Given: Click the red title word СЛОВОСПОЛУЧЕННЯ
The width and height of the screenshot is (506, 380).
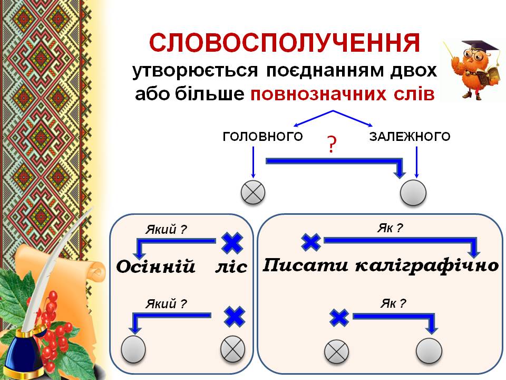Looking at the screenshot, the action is (x=285, y=43).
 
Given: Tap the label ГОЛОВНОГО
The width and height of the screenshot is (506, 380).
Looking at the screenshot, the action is (x=262, y=137).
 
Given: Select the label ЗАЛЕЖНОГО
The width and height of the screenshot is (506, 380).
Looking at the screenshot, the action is (x=410, y=137).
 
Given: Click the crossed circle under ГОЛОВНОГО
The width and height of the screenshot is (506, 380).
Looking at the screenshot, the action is (x=254, y=193).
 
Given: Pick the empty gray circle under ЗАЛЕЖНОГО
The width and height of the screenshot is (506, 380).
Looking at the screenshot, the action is (x=413, y=193).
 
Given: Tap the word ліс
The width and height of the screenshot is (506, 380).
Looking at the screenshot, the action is (x=231, y=267).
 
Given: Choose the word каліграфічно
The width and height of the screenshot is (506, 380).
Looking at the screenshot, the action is (x=427, y=265).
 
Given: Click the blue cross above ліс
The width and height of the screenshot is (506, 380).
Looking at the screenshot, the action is (x=231, y=243).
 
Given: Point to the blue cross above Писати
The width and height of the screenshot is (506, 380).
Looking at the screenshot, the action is (x=311, y=242).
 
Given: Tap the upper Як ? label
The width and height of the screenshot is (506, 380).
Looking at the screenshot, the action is (x=390, y=228).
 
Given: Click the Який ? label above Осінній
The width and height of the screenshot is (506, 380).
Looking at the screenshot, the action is (x=166, y=229).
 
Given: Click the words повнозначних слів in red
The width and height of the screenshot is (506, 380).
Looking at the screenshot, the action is (x=343, y=94).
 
